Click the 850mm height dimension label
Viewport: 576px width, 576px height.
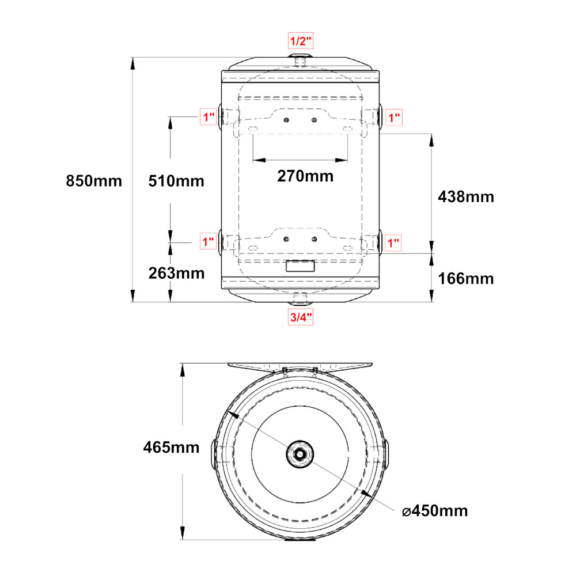(94, 181)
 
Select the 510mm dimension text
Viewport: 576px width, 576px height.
(176, 181)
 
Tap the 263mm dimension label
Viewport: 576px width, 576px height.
(176, 273)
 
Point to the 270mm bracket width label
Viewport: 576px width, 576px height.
(305, 176)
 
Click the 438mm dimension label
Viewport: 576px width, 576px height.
(466, 197)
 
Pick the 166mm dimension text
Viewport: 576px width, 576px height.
(466, 279)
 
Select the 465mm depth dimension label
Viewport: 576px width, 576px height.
(171, 448)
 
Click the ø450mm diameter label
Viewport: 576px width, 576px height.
(435, 511)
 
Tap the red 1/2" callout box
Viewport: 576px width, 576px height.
(301, 41)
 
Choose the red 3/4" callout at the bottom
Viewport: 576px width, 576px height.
(301, 317)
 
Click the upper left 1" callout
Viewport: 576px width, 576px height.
(209, 117)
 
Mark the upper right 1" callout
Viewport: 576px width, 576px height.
(394, 118)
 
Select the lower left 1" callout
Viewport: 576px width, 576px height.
(208, 242)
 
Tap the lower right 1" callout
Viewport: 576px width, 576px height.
(393, 243)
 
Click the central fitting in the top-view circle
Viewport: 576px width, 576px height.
(300, 454)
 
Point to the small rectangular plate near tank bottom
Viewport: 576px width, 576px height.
(300, 266)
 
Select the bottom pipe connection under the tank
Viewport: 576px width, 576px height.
(300, 299)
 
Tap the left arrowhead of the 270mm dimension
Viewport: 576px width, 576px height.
(259, 160)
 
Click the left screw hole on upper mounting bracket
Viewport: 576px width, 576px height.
(286, 120)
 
